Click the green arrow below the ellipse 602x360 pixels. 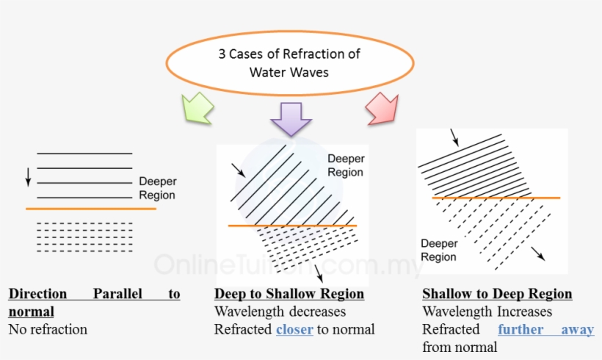click(196, 109)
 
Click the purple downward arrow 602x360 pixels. click(291, 118)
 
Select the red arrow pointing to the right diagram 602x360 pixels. click(383, 109)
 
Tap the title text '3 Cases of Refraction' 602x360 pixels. click(289, 54)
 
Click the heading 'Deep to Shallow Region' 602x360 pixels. click(289, 294)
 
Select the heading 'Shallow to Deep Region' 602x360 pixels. click(497, 294)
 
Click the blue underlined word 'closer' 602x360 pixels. click(294, 329)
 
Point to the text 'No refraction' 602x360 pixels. click(48, 329)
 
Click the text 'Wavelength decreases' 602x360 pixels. click(280, 312)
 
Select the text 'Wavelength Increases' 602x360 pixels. click(487, 312)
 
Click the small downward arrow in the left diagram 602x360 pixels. click(28, 176)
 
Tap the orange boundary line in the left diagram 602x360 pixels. click(91, 209)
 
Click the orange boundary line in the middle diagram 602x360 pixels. click(292, 226)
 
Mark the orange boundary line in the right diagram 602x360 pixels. click(496, 198)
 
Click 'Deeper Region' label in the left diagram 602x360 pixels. click(157, 189)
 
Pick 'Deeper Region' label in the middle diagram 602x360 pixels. click(346, 165)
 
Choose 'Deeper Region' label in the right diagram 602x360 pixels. click(438, 250)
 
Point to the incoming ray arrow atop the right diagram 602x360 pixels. click(455, 137)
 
